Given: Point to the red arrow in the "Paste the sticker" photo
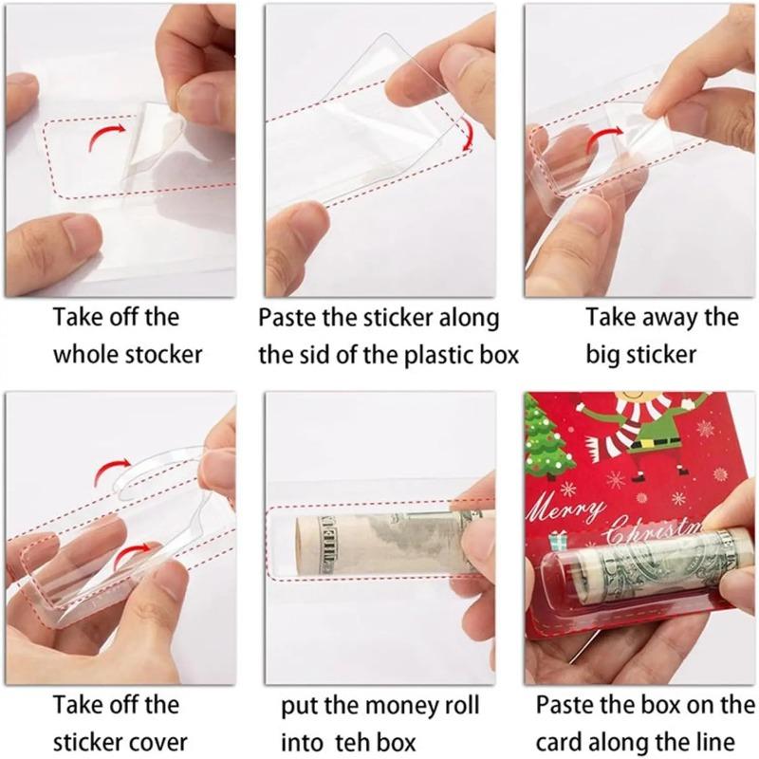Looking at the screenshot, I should point(466,131).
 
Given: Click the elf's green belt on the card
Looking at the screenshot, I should point(657,435).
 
